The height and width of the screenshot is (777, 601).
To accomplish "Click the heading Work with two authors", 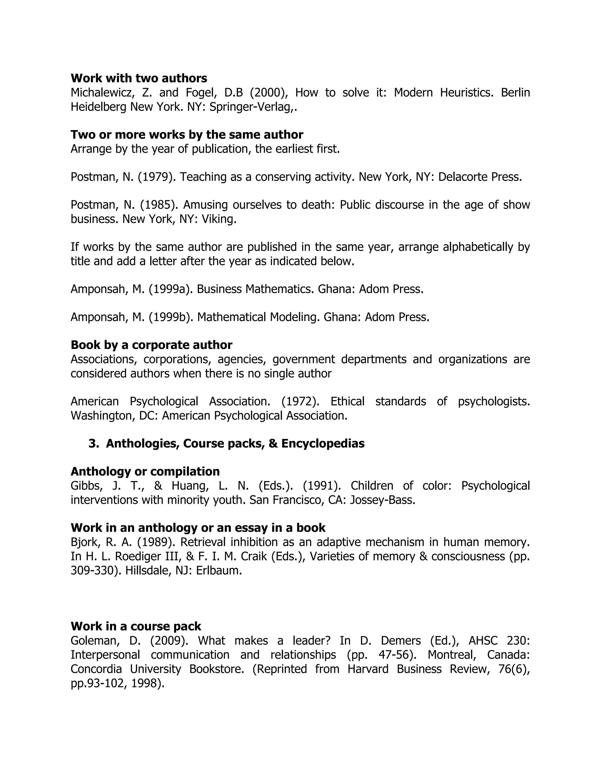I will coord(139,78).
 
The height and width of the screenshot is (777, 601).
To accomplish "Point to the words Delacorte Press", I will coord(480,177).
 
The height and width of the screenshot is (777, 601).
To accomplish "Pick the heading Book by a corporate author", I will coord(151,345).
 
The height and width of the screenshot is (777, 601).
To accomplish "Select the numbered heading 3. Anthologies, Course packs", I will coord(227,443).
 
